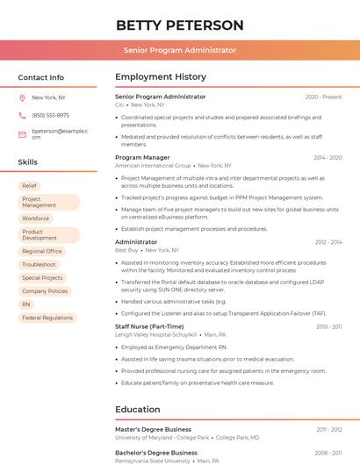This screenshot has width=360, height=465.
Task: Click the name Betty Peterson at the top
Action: pyautogui.click(x=180, y=25)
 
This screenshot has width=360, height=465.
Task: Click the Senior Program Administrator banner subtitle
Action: pyautogui.click(x=180, y=50)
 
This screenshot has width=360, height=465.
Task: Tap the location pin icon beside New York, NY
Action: pyautogui.click(x=22, y=97)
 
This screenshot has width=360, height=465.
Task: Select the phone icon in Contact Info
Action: pyautogui.click(x=22, y=115)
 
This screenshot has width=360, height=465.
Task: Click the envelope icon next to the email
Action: pyautogui.click(x=22, y=134)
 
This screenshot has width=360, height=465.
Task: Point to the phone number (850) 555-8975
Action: pyautogui.click(x=50, y=115)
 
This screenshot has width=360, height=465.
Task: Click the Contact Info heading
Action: pyautogui.click(x=41, y=77)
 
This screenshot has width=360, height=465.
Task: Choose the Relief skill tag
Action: pyautogui.click(x=30, y=186)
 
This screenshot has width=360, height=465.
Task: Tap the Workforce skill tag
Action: pyautogui.click(x=36, y=218)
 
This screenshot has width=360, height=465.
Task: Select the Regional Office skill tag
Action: pyautogui.click(x=42, y=251)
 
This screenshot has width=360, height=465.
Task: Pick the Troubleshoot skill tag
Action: pyautogui.click(x=40, y=264)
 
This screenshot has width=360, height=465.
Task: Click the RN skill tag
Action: pyautogui.click(x=26, y=304)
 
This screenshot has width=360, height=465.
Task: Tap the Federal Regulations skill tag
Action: pyautogui.click(x=47, y=318)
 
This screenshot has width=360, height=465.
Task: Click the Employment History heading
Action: pyautogui.click(x=161, y=77)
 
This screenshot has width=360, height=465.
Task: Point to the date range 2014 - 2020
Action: pyautogui.click(x=328, y=158)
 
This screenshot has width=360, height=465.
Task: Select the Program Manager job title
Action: pyautogui.click(x=142, y=158)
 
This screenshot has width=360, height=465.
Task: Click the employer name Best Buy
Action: pyautogui.click(x=126, y=250)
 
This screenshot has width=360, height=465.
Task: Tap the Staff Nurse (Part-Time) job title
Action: pyautogui.click(x=149, y=326)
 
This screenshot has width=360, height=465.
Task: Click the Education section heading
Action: pyautogui.click(x=138, y=409)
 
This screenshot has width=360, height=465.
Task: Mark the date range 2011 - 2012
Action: pyautogui.click(x=329, y=430)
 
